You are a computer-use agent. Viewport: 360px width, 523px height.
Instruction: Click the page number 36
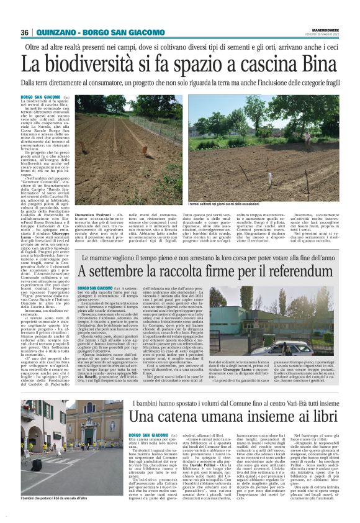(24, 32)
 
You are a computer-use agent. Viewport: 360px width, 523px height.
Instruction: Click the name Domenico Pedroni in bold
(94, 214)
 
